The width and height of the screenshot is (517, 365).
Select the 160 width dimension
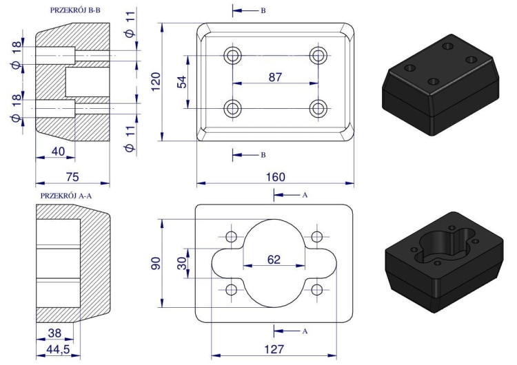[x=276, y=176]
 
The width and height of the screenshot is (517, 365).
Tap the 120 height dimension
[x=156, y=83]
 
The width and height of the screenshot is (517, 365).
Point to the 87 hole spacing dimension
[x=275, y=77]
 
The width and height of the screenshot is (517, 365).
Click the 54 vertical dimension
[x=182, y=82]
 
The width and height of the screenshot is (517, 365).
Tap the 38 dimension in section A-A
[x=53, y=333]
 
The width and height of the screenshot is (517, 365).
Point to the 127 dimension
[x=275, y=349]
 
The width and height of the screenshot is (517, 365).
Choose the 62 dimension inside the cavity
[x=274, y=260]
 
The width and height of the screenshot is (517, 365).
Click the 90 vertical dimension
[x=156, y=264]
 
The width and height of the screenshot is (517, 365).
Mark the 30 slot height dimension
[x=181, y=264]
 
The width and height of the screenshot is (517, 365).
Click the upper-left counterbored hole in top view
[x=233, y=55]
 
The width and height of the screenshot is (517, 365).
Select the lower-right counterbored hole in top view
[x=318, y=107]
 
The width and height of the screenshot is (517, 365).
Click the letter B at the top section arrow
[x=262, y=12]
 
